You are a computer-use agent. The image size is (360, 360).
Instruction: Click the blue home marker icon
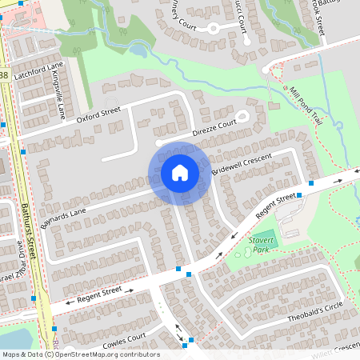pyautogui.click(x=179, y=173)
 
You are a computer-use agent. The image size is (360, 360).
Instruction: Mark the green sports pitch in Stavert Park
pyautogui.click(x=263, y=238)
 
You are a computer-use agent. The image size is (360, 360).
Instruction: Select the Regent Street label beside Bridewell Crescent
pyautogui.click(x=276, y=206)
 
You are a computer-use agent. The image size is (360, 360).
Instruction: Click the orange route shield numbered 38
pyautogui.click(x=3, y=75)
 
